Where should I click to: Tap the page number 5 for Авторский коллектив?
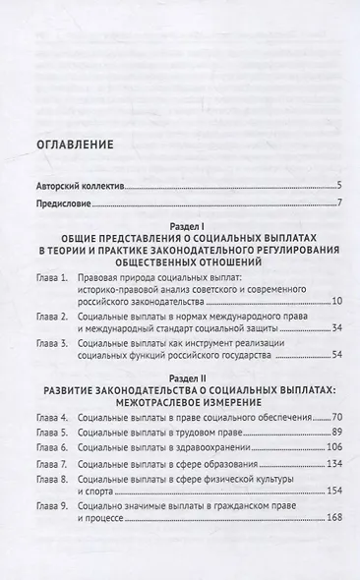337,185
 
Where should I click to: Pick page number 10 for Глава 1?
334,300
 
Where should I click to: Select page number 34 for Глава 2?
334,327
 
